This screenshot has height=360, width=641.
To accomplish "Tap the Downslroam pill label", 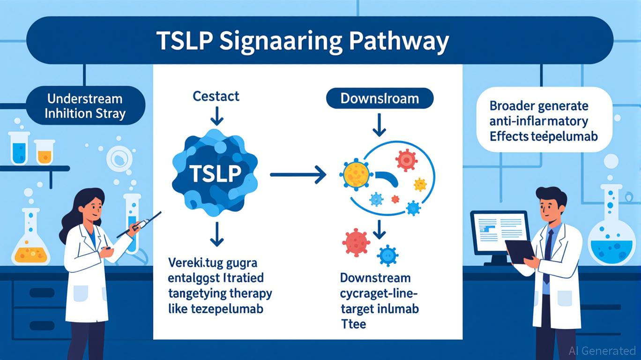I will point(380,99).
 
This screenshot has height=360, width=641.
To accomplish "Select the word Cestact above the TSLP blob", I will point(216,97).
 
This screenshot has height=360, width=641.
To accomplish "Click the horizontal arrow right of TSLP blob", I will point(298,175).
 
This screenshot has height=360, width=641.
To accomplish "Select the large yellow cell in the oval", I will point(356,173).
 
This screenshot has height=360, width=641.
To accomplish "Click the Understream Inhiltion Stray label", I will point(84,106).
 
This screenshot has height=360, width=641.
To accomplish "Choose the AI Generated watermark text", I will point(602,351).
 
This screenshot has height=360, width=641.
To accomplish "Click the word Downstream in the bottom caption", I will point(375,277).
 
